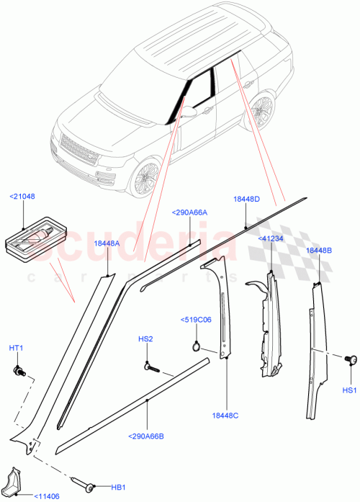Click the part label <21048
22,195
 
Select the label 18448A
107,243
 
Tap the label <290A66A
189,212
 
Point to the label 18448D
247,198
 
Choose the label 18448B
318,250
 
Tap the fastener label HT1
16,349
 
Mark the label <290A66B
148,436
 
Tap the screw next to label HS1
351,359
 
